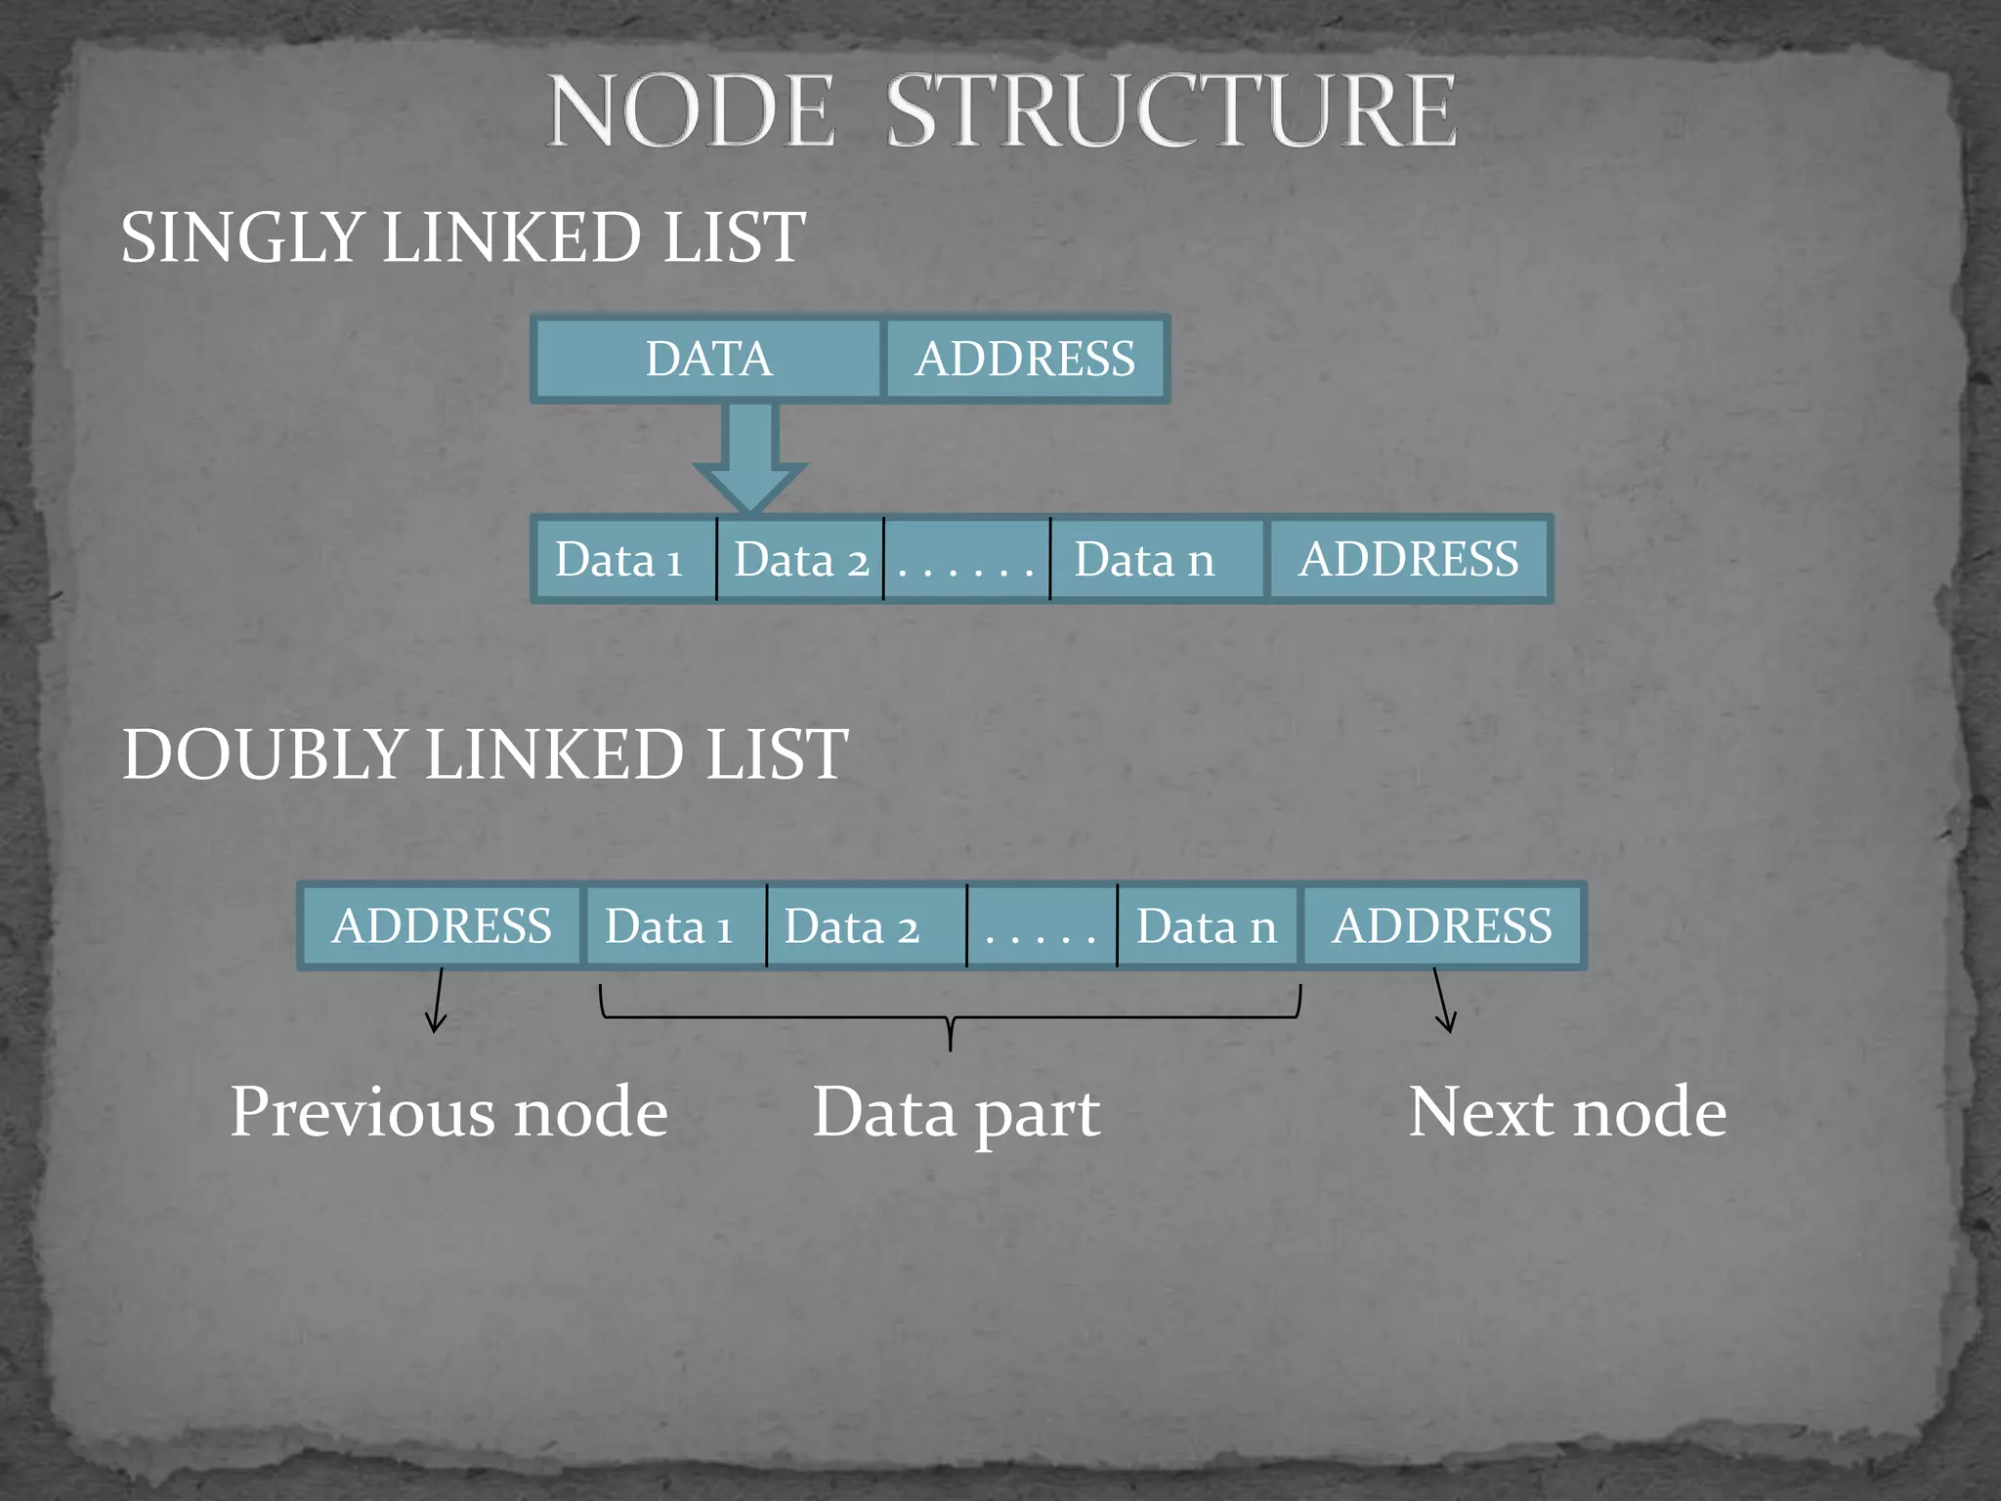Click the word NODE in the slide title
point(691,111)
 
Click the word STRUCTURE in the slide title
point(1171,111)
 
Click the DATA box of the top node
point(708,359)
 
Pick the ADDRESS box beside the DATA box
point(1025,359)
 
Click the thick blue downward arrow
point(749,455)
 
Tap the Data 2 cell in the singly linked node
point(800,560)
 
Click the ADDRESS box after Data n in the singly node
point(1408,560)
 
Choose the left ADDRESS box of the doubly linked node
point(442,926)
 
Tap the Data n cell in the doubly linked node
point(1207,926)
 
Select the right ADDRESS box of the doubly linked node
point(1442,926)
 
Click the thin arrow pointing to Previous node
point(438,1001)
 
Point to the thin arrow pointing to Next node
point(1442,1001)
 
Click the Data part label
point(957,1113)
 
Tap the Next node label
point(1567,1113)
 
